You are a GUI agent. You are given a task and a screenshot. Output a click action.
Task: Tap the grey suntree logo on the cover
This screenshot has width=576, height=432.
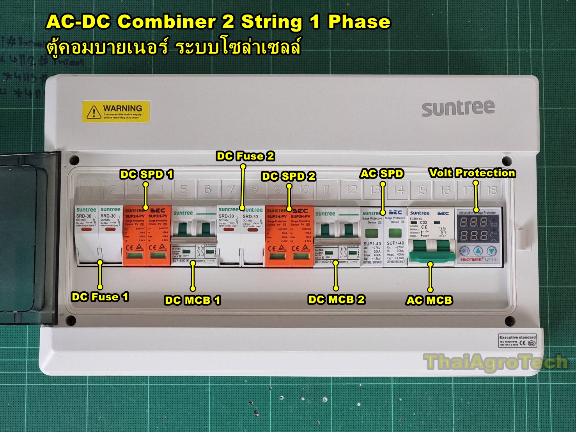pyautogui.click(x=458, y=108)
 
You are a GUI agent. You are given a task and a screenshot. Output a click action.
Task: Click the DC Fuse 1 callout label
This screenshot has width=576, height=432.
pyautogui.click(x=100, y=297)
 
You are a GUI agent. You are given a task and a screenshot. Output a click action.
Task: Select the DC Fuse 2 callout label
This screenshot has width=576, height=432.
pyautogui.click(x=245, y=156)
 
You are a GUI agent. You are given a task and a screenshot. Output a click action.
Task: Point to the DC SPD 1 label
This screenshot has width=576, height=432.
pyautogui.click(x=147, y=174)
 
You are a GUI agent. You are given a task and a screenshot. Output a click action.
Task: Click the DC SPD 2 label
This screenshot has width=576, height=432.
pyautogui.click(x=289, y=176)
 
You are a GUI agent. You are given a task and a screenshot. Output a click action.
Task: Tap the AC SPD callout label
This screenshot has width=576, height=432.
pyautogui.click(x=382, y=174)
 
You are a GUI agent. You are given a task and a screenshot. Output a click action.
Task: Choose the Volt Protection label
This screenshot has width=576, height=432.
pyautogui.click(x=472, y=173)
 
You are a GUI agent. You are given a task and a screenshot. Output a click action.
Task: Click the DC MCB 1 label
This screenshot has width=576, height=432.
pyautogui.click(x=193, y=300)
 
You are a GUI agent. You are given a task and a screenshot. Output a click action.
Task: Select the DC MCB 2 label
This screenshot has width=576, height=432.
pyautogui.click(x=337, y=299)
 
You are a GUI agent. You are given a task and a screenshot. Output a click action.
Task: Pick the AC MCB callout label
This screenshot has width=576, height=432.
pyautogui.click(x=429, y=300)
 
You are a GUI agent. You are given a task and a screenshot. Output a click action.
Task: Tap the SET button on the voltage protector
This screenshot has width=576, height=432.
pyautogui.click(x=464, y=251)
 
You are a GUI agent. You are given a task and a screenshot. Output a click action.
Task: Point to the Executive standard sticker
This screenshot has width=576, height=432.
pyautogui.click(x=518, y=340)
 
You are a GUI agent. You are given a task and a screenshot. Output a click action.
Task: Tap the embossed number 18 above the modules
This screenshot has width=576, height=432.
pyautogui.click(x=491, y=190)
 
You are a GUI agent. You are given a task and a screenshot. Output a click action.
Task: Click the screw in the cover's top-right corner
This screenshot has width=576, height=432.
pyautogui.click(x=507, y=160)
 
